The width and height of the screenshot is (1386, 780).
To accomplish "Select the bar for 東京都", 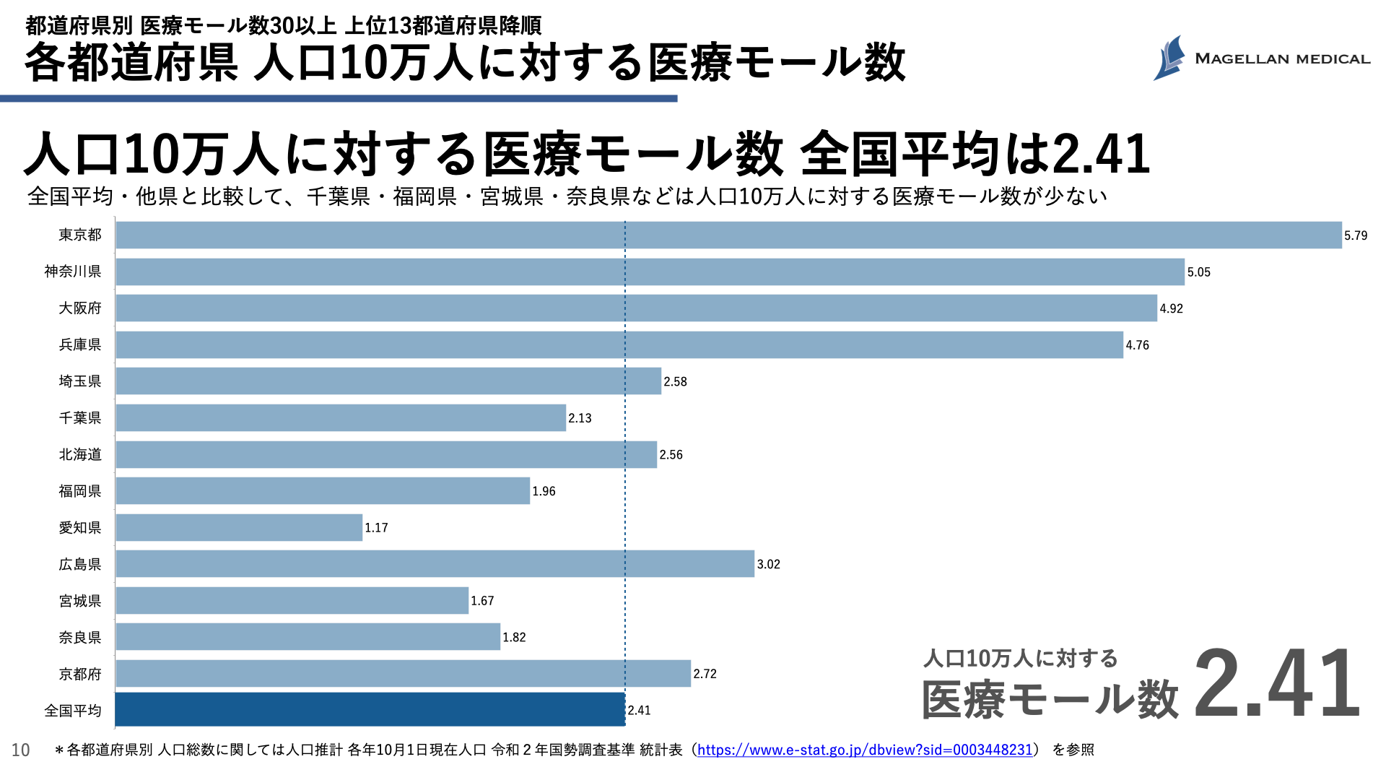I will tap(728, 235).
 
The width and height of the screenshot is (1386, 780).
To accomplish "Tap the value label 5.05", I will tap(1198, 272).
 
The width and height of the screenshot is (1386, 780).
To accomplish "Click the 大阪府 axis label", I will tap(80, 308).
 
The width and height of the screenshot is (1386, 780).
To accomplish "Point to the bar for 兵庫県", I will tap(619, 345).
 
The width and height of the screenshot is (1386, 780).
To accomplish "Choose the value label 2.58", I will tap(675, 381).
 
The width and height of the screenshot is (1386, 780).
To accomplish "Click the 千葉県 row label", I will tap(80, 418).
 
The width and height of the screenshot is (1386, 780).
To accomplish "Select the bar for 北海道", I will tap(386, 455).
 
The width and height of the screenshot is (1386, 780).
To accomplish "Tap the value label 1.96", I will tap(544, 491).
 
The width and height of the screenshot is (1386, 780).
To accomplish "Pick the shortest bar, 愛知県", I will tap(239, 528).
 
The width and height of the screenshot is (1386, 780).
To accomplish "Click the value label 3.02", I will tap(768, 564).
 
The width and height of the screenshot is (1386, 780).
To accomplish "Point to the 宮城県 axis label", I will tap(80, 601).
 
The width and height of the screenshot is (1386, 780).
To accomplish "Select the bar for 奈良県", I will tap(308, 637).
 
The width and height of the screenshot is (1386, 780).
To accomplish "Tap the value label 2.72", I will tap(705, 674).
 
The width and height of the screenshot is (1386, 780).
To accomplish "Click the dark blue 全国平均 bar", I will tap(370, 710).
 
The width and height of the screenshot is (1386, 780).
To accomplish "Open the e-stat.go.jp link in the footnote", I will tap(865, 750).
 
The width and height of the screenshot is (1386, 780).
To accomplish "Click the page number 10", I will tap(20, 750).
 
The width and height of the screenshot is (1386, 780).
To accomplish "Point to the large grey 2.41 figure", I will tap(1276, 684).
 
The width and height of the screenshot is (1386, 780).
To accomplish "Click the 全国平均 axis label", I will tap(73, 711).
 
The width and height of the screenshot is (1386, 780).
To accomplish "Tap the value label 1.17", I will tap(376, 528).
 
